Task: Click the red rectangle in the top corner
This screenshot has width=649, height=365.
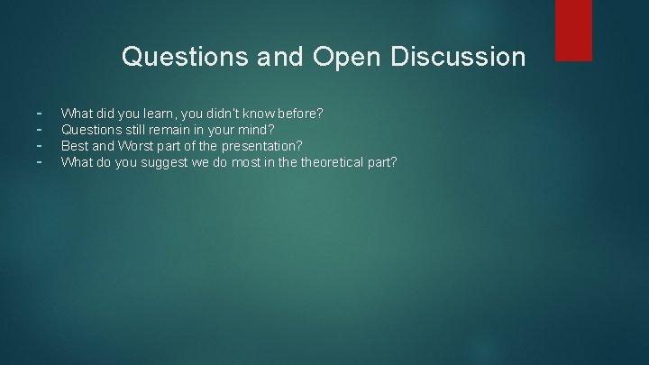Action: (573, 30)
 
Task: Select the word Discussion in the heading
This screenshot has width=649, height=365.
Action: (458, 58)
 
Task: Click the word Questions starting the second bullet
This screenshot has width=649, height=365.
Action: (90, 130)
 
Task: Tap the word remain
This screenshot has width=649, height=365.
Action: (172, 130)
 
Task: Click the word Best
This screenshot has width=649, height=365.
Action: (75, 146)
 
